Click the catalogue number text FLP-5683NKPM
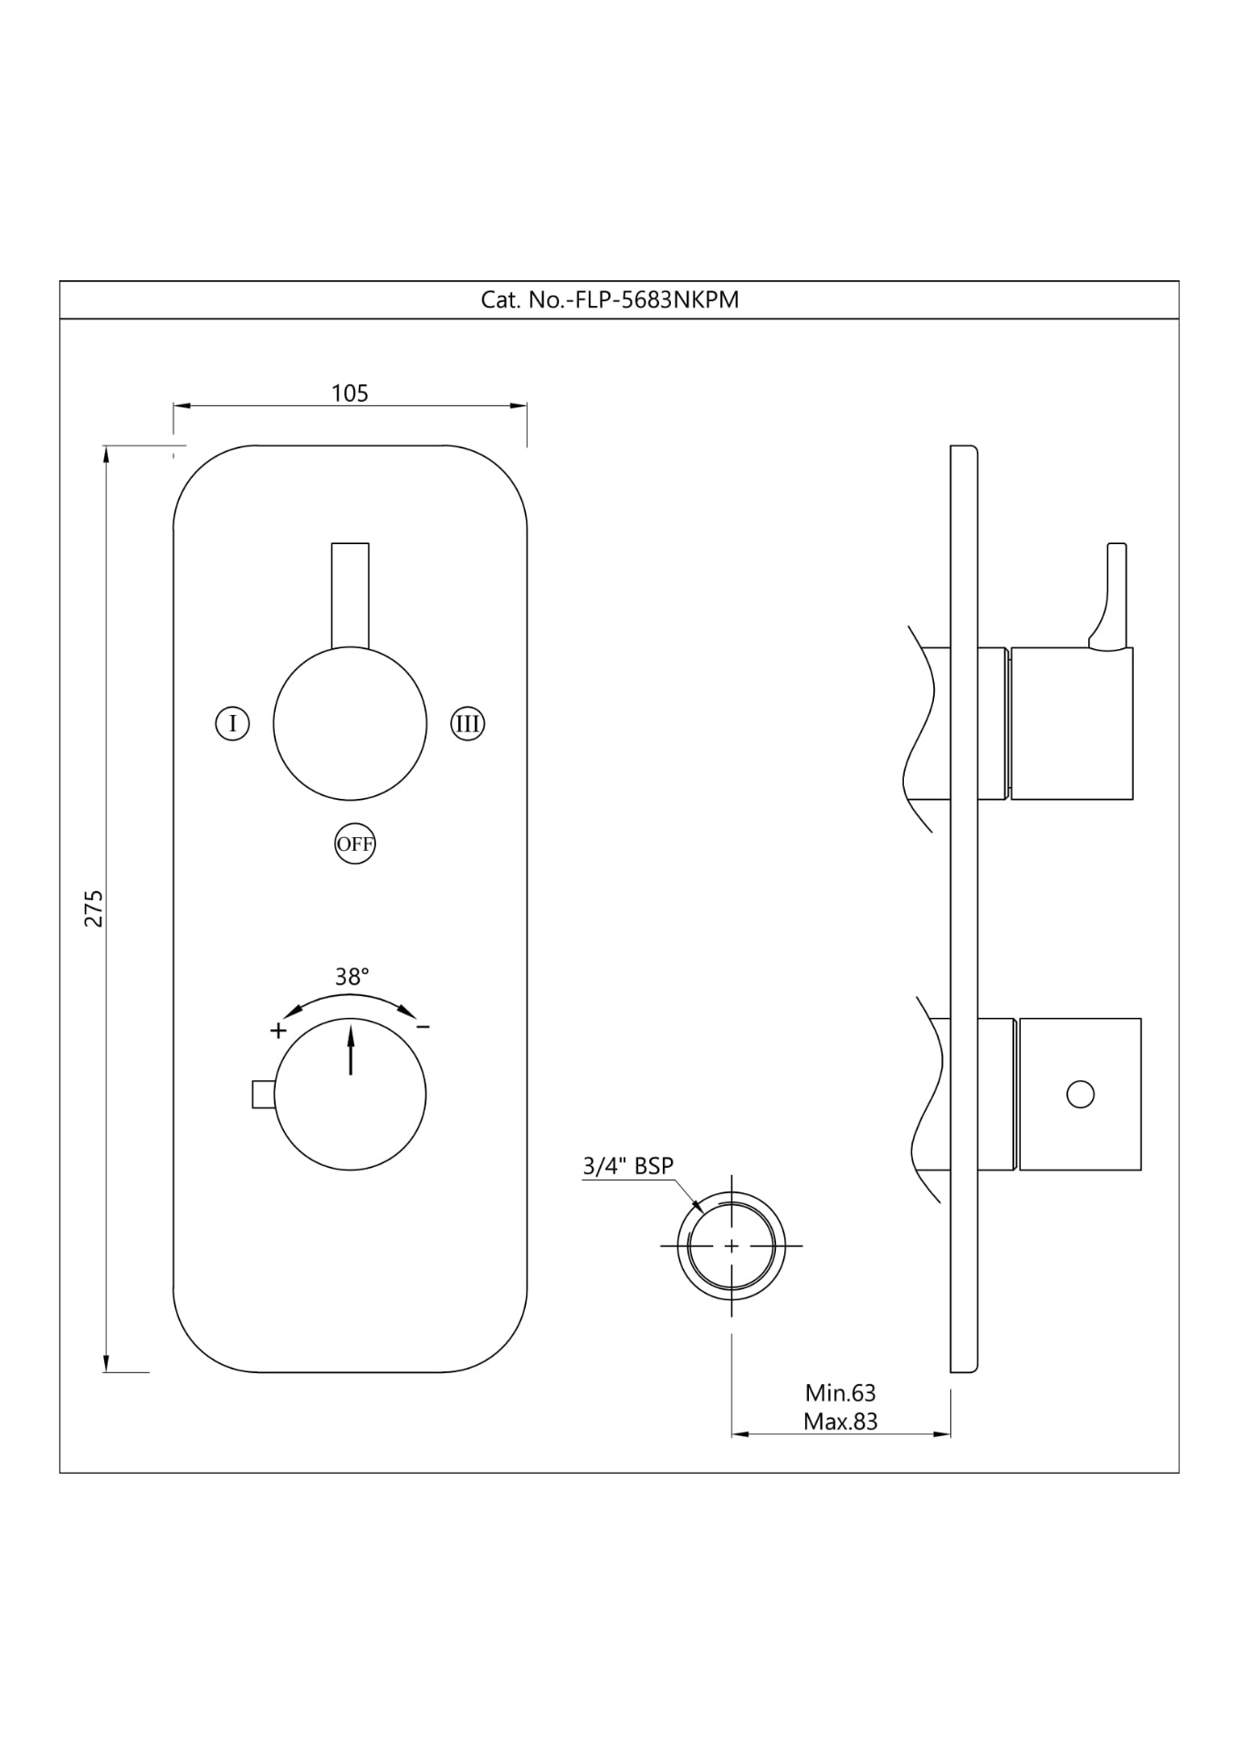pyautogui.click(x=610, y=300)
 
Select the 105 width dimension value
pyautogui.click(x=350, y=394)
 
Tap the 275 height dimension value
pyautogui.click(x=94, y=908)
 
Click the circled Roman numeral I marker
pyautogui.click(x=233, y=724)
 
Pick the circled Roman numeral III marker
pyautogui.click(x=467, y=724)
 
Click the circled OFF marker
pyautogui.click(x=354, y=844)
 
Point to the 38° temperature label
pyautogui.click(x=351, y=977)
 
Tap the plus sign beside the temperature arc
pyautogui.click(x=278, y=1031)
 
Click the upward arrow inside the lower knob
pyautogui.click(x=351, y=1049)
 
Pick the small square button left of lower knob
pyautogui.click(x=263, y=1094)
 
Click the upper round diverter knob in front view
pyautogui.click(x=350, y=723)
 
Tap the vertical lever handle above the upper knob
pyautogui.click(x=350, y=593)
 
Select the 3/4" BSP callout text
pyautogui.click(x=628, y=1166)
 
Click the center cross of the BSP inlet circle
pyautogui.click(x=731, y=1244)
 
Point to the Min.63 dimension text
pyautogui.click(x=840, y=1393)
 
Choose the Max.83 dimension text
pyautogui.click(x=840, y=1422)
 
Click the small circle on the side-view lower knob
pyautogui.click(x=1080, y=1094)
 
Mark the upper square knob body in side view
pyautogui.click(x=1071, y=723)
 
